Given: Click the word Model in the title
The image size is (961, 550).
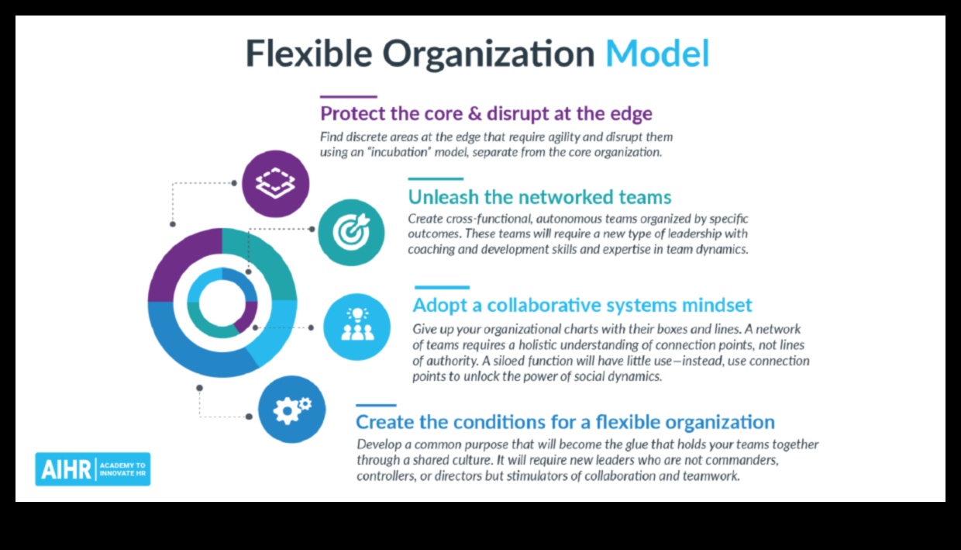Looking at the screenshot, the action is pyautogui.click(x=657, y=54).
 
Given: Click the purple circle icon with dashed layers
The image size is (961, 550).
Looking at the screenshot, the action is pyautogui.click(x=275, y=184).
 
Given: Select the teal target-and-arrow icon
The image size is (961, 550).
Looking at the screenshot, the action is pyautogui.click(x=351, y=232).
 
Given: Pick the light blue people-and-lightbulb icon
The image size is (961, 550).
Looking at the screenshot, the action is pyautogui.click(x=357, y=327).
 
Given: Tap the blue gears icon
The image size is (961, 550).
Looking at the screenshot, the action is pyautogui.click(x=291, y=409).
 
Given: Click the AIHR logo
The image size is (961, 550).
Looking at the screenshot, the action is pyautogui.click(x=93, y=469).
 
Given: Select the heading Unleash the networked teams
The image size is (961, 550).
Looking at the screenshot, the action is pyautogui.click(x=539, y=197).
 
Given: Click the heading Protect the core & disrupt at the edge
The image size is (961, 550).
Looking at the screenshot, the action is pyautogui.click(x=486, y=113).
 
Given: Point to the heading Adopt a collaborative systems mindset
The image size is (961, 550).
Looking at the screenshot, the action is pyautogui.click(x=582, y=306).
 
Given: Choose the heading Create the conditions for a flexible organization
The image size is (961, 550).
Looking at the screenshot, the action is pyautogui.click(x=566, y=422).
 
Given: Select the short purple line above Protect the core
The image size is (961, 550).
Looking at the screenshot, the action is pyautogui.click(x=349, y=97).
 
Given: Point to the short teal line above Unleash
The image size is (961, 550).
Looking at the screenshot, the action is pyautogui.click(x=436, y=178).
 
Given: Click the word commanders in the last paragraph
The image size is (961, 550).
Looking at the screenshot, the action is pyautogui.click(x=742, y=460).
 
